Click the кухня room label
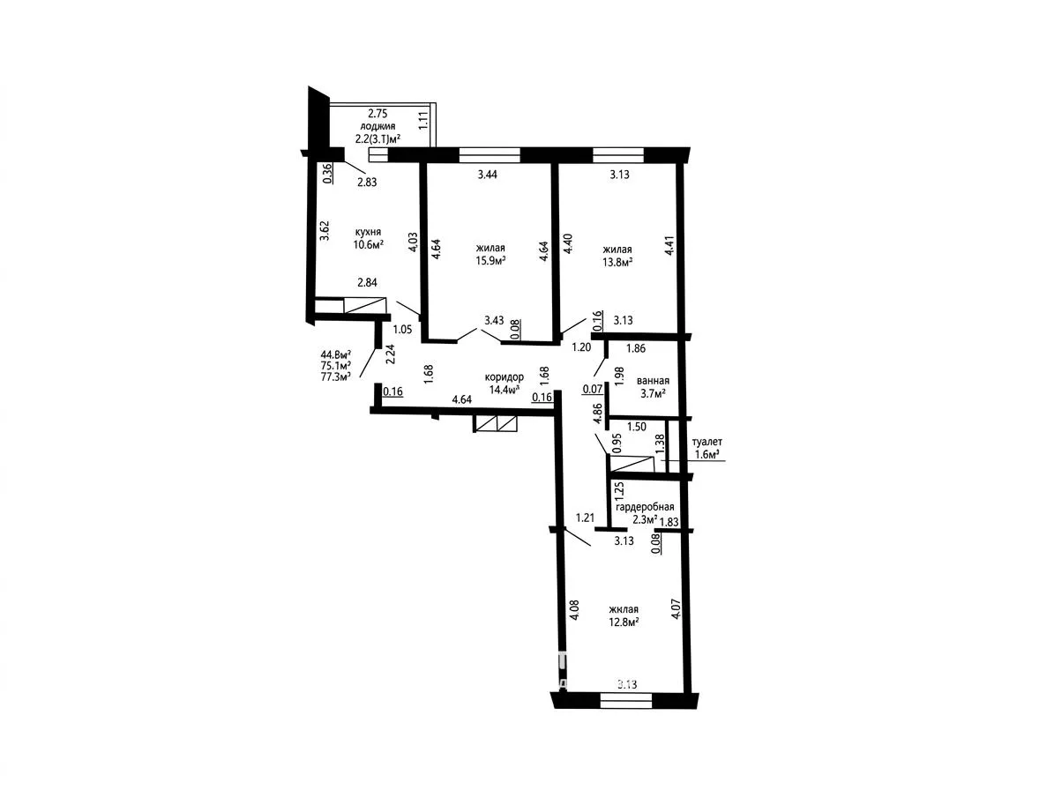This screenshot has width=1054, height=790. pos(368,232)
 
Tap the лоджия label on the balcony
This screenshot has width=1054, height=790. pos(377,126)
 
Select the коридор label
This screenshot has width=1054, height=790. pos(505,376)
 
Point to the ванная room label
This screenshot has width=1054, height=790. pos(653,381)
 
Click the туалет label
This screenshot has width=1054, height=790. pos(707,442)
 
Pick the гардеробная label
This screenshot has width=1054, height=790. pos(645,507)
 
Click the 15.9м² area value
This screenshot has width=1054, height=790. pos(490,261)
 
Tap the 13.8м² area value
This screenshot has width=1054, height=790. pos(617,262)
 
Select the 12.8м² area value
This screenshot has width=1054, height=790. pos(623,622)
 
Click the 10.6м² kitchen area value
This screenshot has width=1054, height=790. pos(369,244)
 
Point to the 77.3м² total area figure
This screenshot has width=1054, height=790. pos(337,376)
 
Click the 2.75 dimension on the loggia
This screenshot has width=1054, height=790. pos(377,115)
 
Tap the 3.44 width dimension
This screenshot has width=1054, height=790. pos(488,175)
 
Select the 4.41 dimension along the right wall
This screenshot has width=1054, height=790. pos(669,244)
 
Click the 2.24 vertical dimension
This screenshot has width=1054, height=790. pos(390,354)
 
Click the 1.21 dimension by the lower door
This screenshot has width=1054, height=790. pos(586,518)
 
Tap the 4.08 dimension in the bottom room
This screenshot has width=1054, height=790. pos(574,611)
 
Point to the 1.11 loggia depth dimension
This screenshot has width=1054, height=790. pos(423,120)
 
